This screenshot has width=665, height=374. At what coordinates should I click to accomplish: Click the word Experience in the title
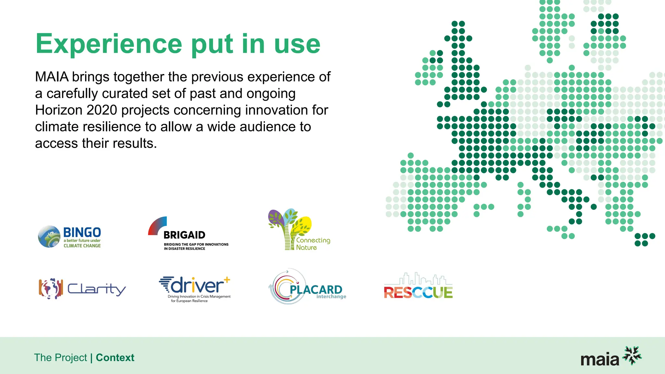click(109, 44)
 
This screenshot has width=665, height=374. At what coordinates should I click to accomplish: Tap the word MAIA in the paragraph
click(52, 77)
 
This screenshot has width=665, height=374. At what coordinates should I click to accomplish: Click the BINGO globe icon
click(49, 236)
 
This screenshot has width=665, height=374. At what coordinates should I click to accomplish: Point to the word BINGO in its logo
click(82, 232)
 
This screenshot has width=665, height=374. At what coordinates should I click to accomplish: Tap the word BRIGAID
click(184, 235)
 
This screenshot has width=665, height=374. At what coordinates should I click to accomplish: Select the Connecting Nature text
click(313, 244)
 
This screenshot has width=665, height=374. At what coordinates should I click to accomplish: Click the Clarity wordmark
click(96, 289)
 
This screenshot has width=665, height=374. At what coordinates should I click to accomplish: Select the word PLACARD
click(316, 289)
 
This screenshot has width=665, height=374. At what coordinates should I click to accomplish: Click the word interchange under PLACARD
click(331, 297)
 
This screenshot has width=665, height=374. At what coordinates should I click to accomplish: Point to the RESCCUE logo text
click(418, 292)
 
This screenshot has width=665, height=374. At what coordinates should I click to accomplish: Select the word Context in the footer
click(115, 357)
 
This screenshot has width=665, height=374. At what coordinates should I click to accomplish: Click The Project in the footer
click(60, 357)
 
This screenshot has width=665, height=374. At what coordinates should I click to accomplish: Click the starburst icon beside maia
click(632, 355)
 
